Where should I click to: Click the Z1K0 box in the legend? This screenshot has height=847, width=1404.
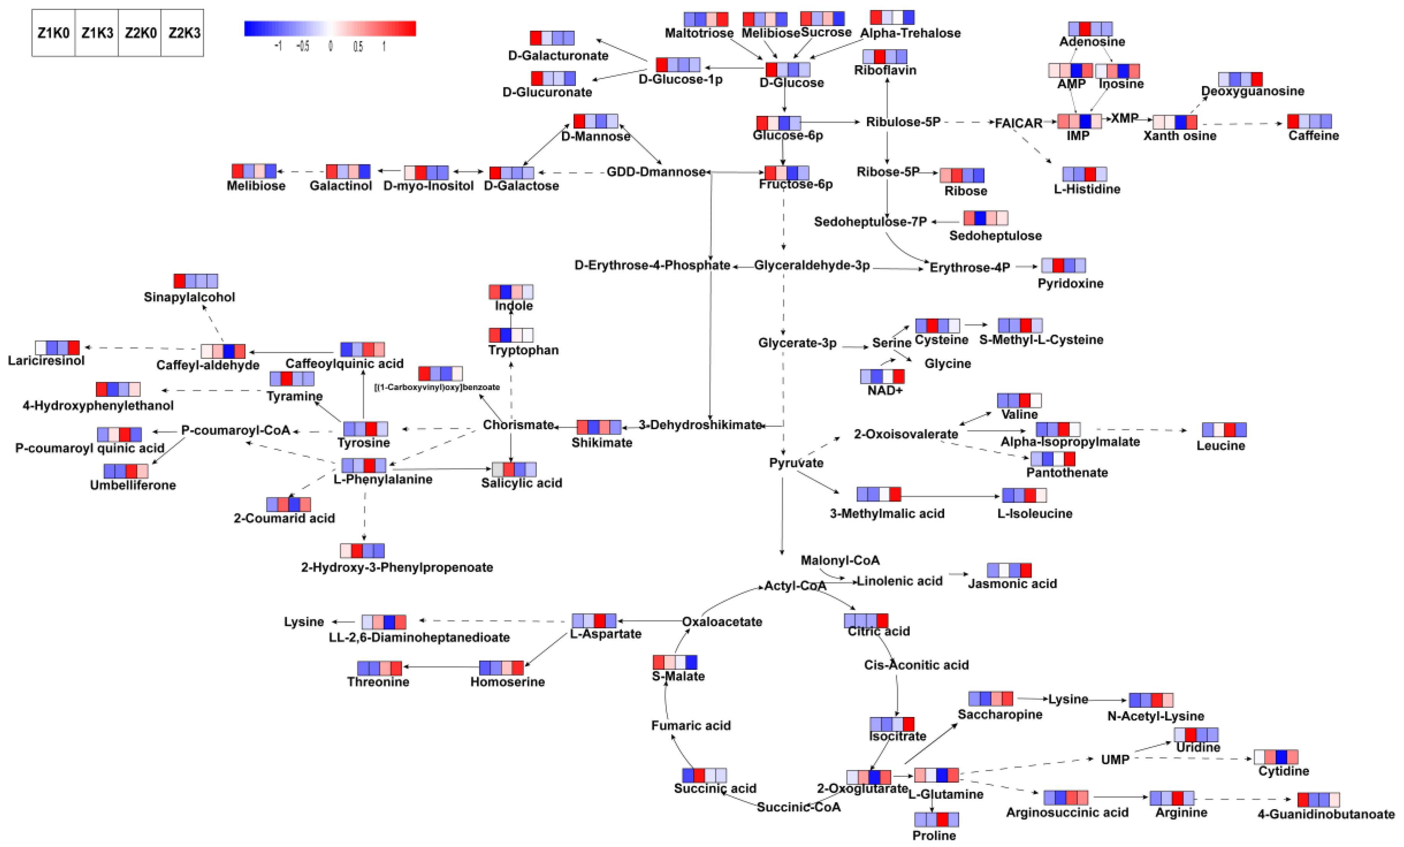click(54, 33)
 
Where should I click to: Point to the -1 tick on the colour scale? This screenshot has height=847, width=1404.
click(278, 46)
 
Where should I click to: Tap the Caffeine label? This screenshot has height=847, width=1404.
click(1314, 136)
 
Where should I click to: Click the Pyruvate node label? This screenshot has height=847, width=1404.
click(796, 463)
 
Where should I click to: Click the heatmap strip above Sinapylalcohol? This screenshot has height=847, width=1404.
click(196, 281)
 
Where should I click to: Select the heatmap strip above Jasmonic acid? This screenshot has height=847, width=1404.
click(1009, 570)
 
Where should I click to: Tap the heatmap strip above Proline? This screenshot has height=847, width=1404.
click(936, 820)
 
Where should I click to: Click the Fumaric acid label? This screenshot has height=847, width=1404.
click(690, 725)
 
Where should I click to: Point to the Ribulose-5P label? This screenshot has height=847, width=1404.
click(903, 122)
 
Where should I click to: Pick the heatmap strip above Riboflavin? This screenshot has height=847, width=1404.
click(884, 56)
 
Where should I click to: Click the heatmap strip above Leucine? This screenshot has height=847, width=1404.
click(1224, 430)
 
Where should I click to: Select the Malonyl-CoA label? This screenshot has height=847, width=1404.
click(840, 560)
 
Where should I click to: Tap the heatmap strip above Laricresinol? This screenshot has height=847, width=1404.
click(57, 348)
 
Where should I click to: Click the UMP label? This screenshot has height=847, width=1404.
click(1115, 760)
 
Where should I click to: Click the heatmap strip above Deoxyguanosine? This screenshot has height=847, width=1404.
click(1240, 79)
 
